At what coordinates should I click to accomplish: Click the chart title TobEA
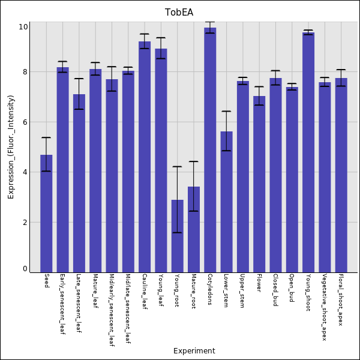(x=180, y=13)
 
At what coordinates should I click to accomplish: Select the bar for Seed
(x=46, y=213)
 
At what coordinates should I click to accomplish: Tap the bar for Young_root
(x=177, y=236)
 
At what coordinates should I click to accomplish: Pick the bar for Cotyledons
(x=210, y=150)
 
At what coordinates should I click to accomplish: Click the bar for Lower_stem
(x=226, y=202)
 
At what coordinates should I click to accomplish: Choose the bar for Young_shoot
(x=308, y=152)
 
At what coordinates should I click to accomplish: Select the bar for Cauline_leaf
(x=145, y=157)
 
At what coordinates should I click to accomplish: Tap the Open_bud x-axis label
(x=292, y=289)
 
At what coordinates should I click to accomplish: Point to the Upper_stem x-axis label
(x=242, y=292)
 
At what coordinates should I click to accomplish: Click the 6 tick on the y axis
(x=25, y=122)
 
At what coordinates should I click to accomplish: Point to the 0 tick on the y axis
(x=25, y=269)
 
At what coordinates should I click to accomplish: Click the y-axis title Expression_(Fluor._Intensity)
(x=11, y=146)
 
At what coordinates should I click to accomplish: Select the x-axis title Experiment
(x=194, y=351)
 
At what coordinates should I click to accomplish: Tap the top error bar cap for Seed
(x=46, y=137)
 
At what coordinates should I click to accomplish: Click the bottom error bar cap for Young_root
(x=177, y=232)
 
